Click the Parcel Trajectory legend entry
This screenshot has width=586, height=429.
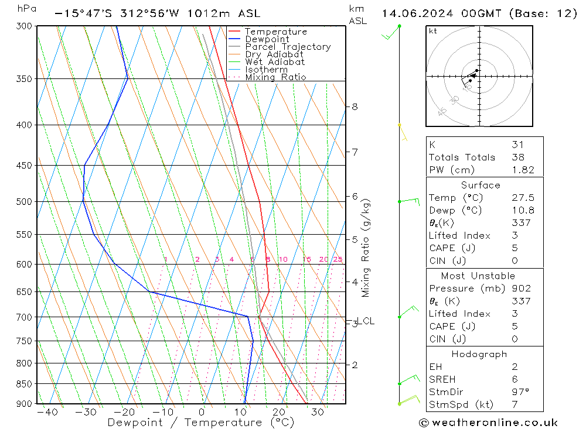coord(287,47)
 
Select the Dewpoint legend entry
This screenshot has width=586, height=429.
coord(267,39)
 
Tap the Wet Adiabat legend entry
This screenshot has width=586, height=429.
coord(275,62)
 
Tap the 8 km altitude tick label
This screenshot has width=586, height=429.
coord(355,107)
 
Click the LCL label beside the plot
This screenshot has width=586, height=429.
coord(366,321)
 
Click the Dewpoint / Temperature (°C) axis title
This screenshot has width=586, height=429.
coord(200,423)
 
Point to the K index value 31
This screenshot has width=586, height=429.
coord(517,145)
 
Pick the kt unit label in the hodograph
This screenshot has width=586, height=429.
coord(433,31)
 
